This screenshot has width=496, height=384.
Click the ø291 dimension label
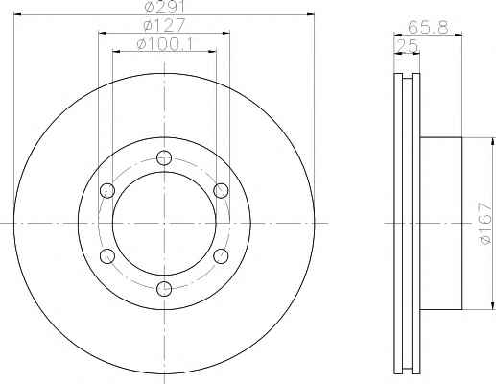pyautogui.click(x=165, y=7)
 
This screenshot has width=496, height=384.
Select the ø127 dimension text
pyautogui.click(x=164, y=25)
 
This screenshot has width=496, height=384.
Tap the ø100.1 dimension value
pyautogui.click(x=165, y=44)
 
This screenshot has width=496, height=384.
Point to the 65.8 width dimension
pyautogui.click(x=428, y=27)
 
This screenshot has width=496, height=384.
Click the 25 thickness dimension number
pyautogui.click(x=407, y=45)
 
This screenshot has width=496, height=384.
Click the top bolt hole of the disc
pyautogui.click(x=164, y=157)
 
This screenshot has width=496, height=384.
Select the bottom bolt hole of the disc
pyautogui.click(x=164, y=289)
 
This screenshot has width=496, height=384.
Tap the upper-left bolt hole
pyautogui.click(x=107, y=191)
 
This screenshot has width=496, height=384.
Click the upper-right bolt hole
pyautogui.click(x=221, y=191)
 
